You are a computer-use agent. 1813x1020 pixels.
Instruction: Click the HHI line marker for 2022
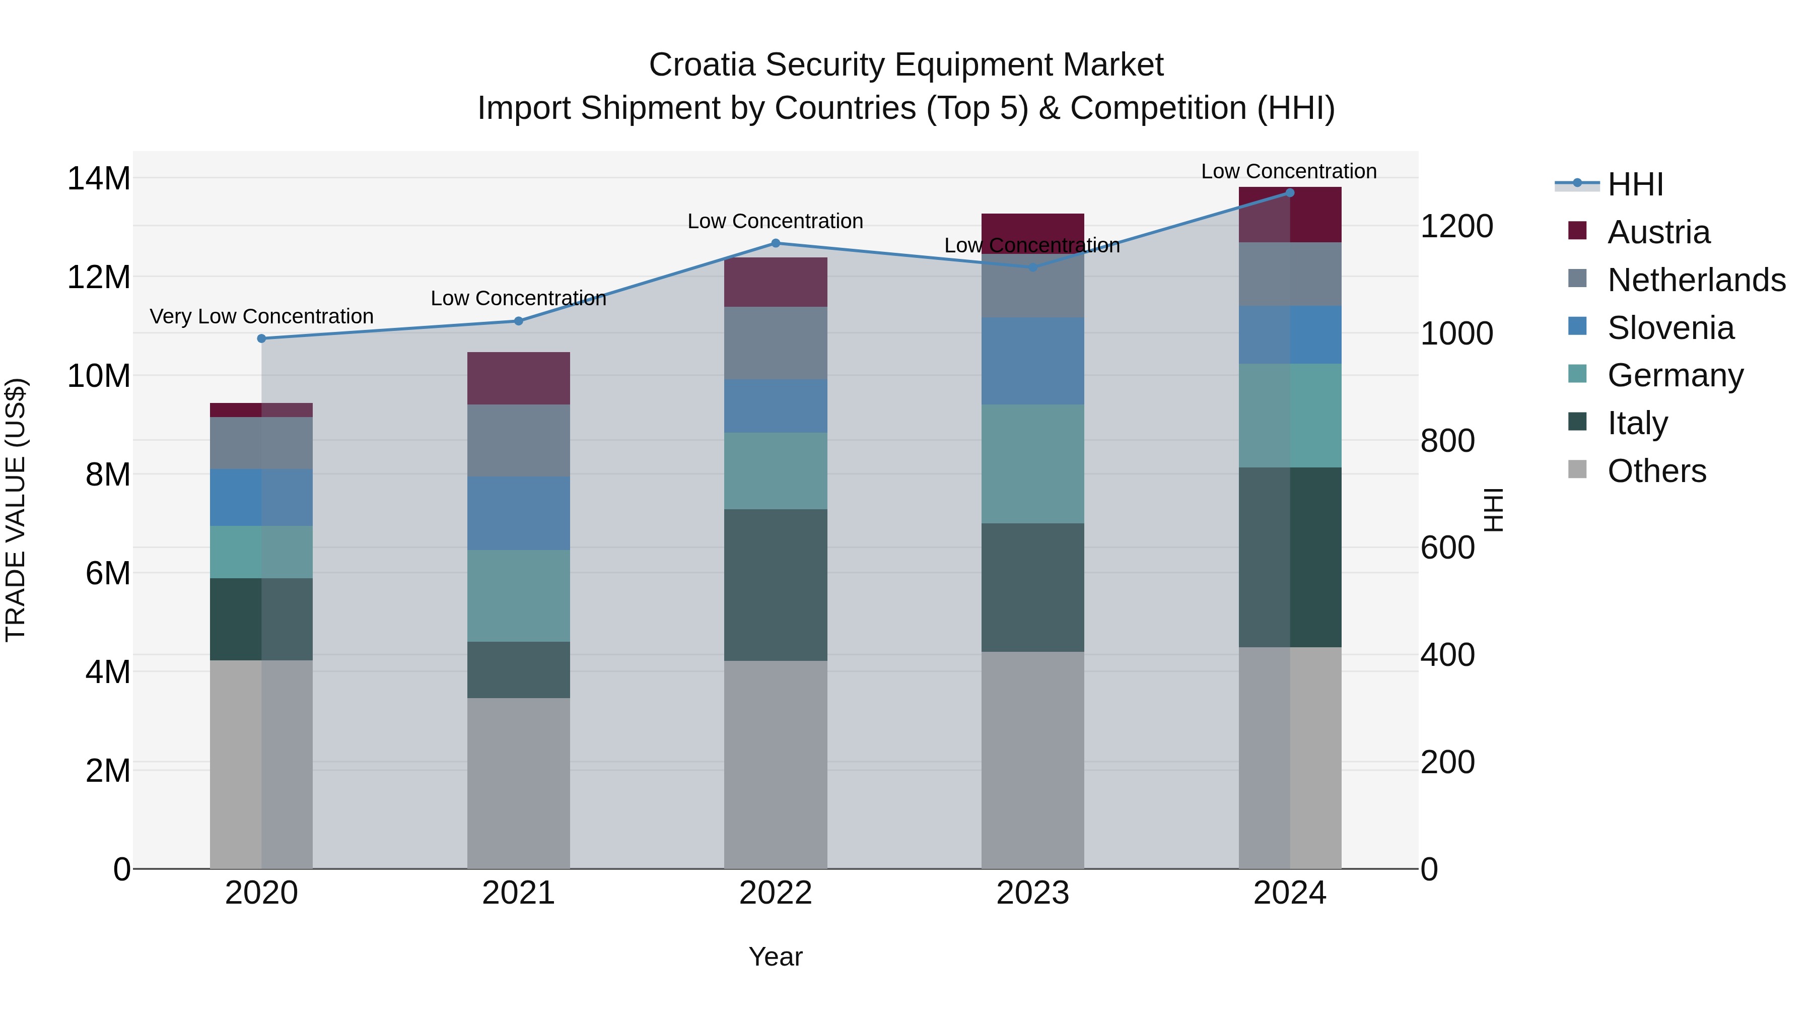coord(776,243)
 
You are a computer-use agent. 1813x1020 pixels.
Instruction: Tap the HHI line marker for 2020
coord(262,338)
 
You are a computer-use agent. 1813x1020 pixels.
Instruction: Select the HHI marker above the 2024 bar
coord(1289,192)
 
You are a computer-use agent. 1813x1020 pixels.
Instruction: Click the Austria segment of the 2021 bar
coord(518,378)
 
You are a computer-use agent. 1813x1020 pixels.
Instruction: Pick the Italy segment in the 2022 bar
coord(776,584)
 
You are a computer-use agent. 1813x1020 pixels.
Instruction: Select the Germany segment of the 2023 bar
coord(1032,463)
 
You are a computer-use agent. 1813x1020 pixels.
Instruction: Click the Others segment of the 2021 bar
coord(518,783)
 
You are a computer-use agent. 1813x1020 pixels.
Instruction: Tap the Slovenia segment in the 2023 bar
coord(1032,361)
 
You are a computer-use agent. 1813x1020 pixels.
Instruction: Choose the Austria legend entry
coord(1658,232)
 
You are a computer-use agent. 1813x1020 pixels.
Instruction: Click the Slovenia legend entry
coord(1670,328)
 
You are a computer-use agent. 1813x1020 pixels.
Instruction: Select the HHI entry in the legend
coord(1635,184)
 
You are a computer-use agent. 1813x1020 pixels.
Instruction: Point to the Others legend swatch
coord(1577,469)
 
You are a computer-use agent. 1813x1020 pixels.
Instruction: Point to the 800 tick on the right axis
coord(1447,441)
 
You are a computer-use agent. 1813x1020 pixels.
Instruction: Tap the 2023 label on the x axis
coord(1032,893)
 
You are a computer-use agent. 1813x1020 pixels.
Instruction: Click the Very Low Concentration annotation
coord(262,317)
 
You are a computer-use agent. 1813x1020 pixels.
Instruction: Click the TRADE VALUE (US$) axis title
coord(16,510)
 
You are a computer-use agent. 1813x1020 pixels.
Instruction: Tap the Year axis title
coord(775,957)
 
